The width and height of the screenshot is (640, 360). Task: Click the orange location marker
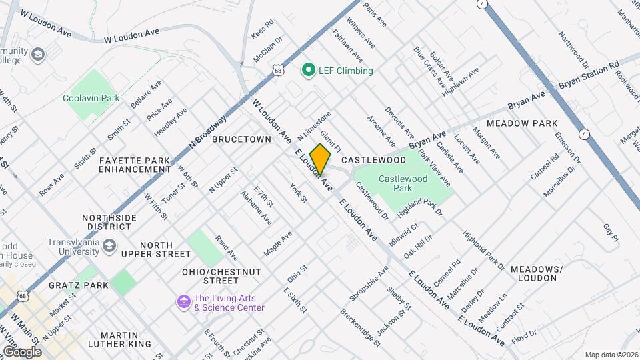(321, 159)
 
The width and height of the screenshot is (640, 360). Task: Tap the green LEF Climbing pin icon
(308, 70)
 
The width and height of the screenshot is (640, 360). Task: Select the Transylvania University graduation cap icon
(107, 247)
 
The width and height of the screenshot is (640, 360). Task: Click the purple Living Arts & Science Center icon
(183, 302)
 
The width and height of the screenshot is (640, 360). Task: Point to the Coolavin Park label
(91, 98)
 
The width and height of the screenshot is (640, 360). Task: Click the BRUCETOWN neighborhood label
(242, 139)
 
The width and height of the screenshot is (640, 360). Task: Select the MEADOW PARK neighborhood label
(522, 123)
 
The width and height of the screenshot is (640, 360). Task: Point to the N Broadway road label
(208, 131)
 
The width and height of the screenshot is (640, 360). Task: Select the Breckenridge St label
(360, 327)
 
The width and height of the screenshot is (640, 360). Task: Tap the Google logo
(21, 351)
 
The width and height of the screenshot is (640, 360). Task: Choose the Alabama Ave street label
(256, 207)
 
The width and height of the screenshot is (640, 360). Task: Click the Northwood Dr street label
(573, 51)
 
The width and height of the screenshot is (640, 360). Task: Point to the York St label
(298, 193)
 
